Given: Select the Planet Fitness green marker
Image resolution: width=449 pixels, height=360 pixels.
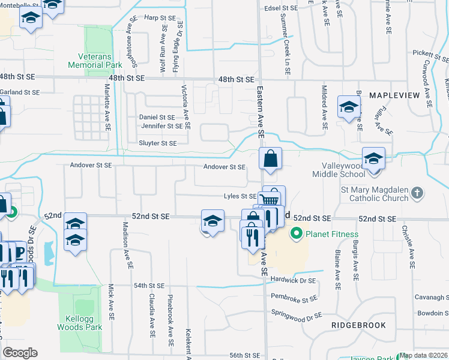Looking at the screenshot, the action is [295, 233].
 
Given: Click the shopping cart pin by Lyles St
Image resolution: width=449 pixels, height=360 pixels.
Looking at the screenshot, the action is [270, 199].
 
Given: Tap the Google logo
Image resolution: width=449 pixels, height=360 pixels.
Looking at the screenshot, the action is [20, 353].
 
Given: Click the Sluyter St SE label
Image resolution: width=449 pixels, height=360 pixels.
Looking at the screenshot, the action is [158, 143].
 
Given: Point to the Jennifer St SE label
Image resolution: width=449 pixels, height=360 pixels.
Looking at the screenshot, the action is [161, 126].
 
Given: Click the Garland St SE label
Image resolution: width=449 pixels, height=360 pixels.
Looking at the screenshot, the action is [19, 92].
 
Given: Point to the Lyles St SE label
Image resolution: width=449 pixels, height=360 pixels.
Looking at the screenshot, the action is [240, 196].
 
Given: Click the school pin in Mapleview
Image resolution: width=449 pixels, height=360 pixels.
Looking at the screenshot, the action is [348, 107].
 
